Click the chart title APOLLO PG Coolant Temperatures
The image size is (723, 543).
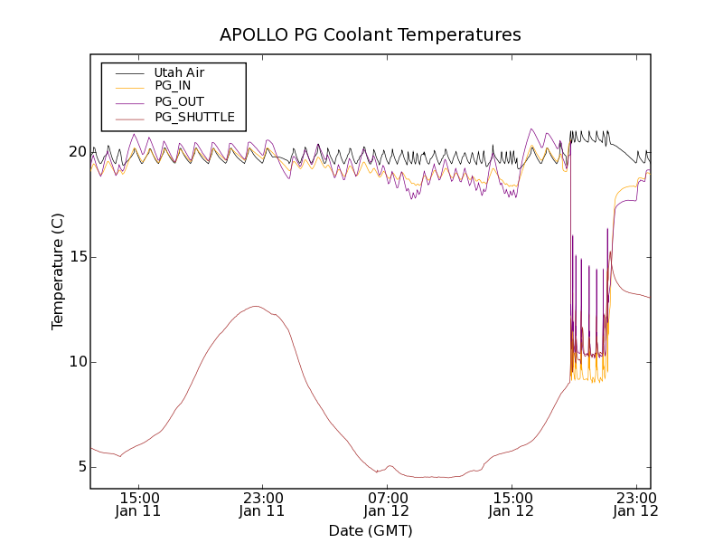point(371,35)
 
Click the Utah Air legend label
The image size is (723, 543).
point(179,72)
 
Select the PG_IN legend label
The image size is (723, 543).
point(173,86)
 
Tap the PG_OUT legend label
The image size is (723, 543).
point(179,101)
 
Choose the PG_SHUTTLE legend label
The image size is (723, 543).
point(194,117)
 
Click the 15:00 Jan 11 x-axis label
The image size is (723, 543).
point(139,504)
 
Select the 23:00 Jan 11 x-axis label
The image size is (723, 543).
point(263,504)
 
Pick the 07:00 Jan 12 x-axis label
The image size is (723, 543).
point(388,504)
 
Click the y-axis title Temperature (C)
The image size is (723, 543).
point(58,271)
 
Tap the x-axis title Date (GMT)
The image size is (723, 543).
point(371,530)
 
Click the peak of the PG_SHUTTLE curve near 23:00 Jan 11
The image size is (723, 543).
point(257,306)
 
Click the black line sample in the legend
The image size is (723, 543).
point(127,72)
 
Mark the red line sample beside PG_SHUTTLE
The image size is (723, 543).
point(127,117)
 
